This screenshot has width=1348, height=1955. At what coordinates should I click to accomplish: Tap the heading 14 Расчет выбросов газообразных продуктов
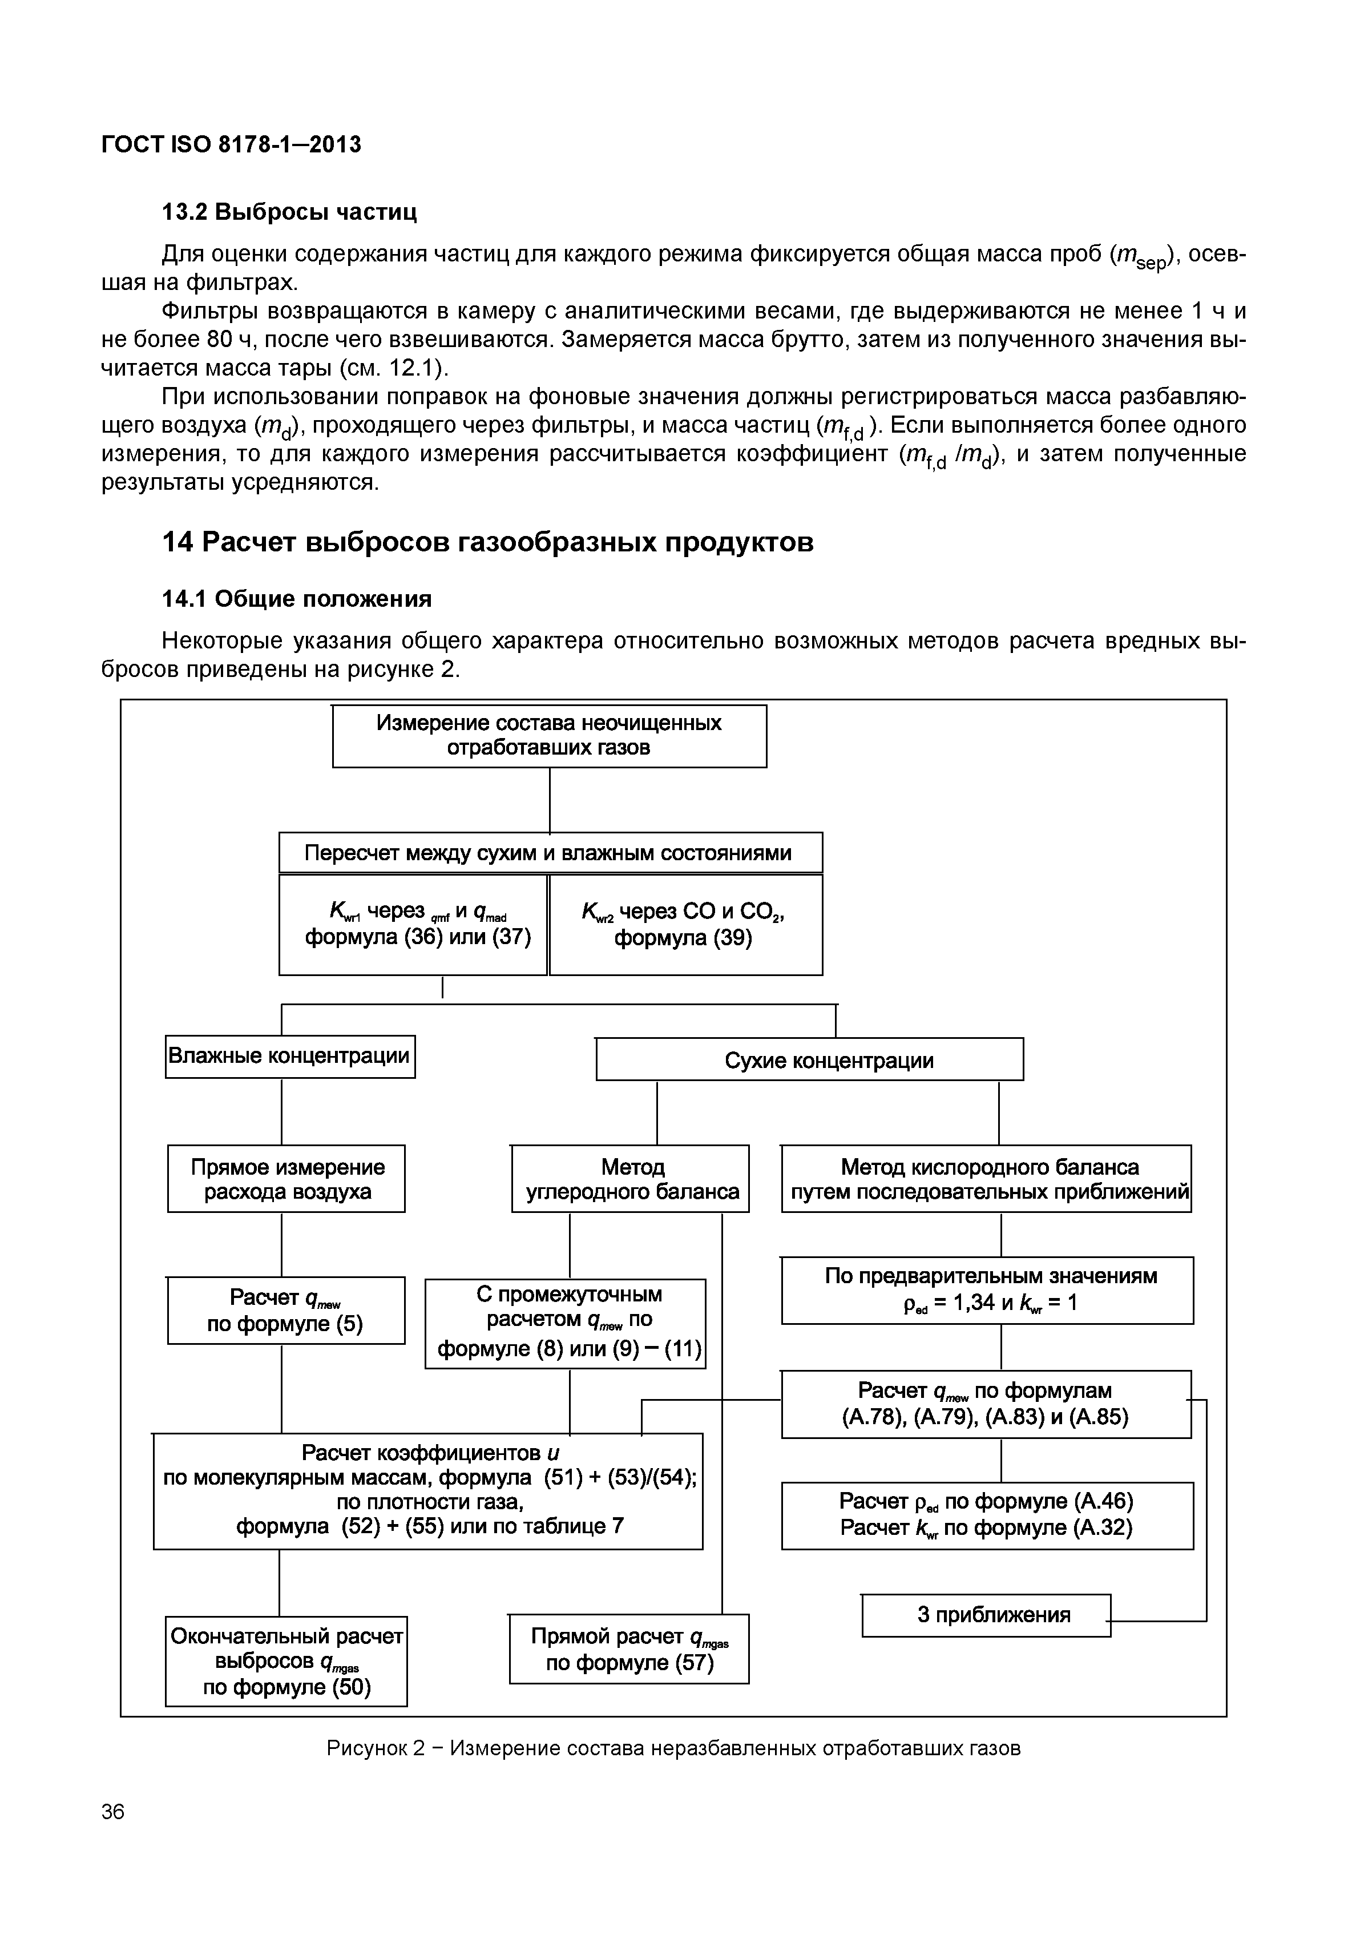point(487,542)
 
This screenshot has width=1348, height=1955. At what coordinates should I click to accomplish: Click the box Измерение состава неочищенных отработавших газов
point(549,736)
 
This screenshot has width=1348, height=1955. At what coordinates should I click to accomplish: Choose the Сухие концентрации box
point(809,1061)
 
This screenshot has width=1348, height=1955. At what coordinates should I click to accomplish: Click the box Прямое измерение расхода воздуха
point(286,1179)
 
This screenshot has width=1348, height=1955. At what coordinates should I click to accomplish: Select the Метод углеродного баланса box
point(630,1179)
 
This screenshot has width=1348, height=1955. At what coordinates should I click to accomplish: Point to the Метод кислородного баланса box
point(986,1179)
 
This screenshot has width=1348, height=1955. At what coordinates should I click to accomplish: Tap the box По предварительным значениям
point(987,1290)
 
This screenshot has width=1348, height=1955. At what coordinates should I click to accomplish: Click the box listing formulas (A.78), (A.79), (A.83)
point(986,1404)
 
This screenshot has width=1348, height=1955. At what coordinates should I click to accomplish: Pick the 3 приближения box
point(986,1615)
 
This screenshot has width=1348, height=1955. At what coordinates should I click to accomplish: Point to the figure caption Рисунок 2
point(673,1748)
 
